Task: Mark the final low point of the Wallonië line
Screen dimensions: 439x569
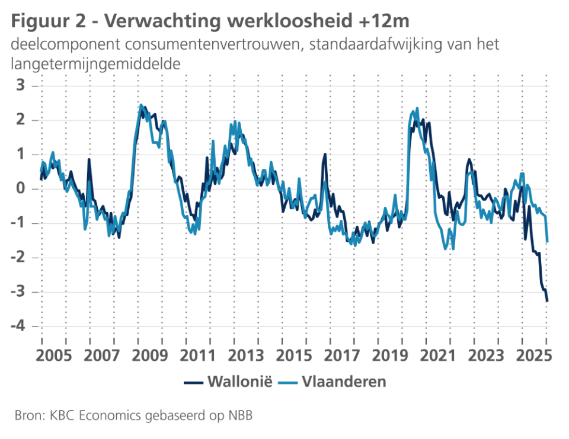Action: (547, 302)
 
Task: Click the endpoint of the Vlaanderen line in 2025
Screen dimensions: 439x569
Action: (548, 242)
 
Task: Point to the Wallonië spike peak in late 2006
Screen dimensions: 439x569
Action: (89, 159)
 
